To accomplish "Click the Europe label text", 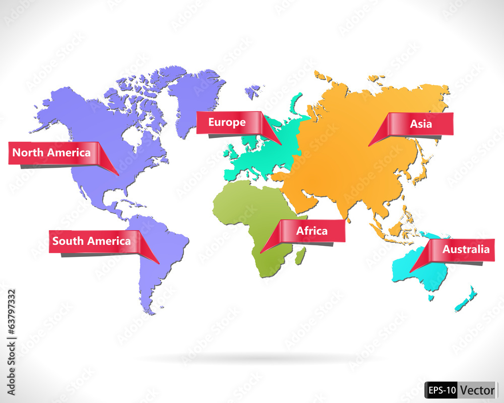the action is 227,122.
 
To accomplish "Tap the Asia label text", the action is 420,123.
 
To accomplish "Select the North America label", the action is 51,152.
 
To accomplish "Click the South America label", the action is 91,241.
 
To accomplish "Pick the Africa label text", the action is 311,231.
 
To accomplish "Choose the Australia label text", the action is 466,249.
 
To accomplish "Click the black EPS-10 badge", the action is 442,390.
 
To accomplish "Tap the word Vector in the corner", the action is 477,390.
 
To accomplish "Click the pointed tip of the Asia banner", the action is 369,146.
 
